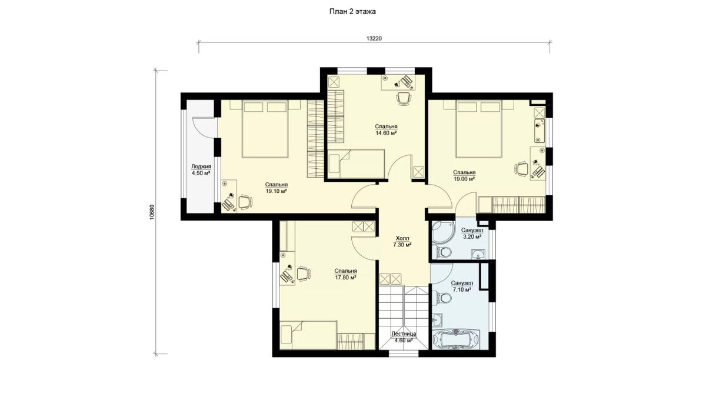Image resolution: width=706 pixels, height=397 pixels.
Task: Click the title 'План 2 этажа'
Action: pyautogui.click(x=352, y=12)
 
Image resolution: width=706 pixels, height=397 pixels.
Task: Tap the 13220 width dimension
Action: pyautogui.click(x=374, y=38)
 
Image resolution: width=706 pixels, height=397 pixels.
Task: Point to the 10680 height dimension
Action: pyautogui.click(x=152, y=212)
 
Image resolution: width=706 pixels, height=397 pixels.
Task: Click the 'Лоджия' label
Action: pyautogui.click(x=201, y=166)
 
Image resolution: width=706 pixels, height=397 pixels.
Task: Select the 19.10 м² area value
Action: pyautogui.click(x=276, y=191)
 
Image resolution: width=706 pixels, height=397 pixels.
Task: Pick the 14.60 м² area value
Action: pyautogui.click(x=386, y=133)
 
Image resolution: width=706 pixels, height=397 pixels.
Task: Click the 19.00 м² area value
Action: pyautogui.click(x=464, y=179)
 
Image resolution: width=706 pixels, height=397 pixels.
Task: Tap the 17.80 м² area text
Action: pyautogui.click(x=346, y=278)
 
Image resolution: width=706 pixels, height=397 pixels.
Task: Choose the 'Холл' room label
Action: pyautogui.click(x=402, y=238)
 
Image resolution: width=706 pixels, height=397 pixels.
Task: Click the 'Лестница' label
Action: pyautogui.click(x=404, y=333)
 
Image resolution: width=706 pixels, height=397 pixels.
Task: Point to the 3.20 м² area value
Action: pyautogui.click(x=471, y=237)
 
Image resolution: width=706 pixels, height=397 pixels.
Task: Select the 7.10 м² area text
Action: pyautogui.click(x=462, y=289)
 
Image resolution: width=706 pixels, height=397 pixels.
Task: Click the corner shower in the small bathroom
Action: pyautogui.click(x=443, y=232)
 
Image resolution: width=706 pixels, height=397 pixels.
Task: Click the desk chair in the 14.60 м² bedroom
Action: pyautogui.click(x=404, y=98)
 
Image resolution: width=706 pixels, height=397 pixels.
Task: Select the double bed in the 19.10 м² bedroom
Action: pyautogui.click(x=265, y=129)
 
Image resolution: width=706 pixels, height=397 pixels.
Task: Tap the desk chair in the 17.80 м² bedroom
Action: pyautogui.click(x=304, y=273)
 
